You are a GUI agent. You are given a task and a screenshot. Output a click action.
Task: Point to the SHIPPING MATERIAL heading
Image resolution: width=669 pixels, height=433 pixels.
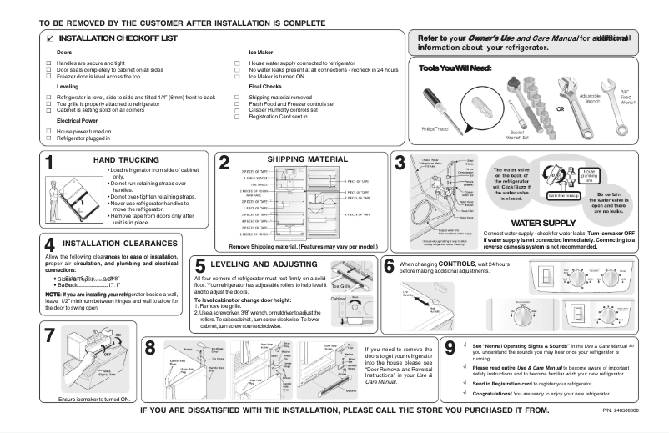[300, 159]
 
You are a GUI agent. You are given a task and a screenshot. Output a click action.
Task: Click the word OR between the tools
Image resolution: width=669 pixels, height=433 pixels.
[561, 110]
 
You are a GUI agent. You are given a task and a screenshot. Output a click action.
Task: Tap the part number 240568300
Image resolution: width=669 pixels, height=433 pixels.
[637, 411]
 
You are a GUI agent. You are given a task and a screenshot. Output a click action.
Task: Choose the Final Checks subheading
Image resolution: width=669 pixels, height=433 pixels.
[265, 87]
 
